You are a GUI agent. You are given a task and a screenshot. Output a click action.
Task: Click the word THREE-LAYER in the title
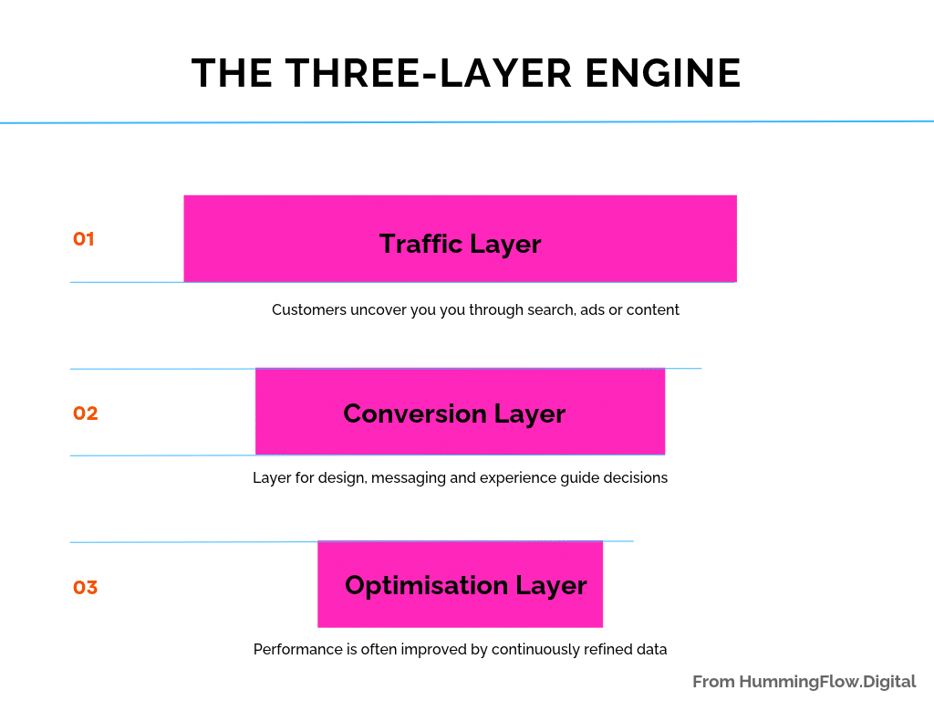click(429, 73)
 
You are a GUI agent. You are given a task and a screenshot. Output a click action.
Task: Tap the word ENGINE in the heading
click(663, 73)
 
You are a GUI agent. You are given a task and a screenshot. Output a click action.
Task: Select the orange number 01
click(83, 239)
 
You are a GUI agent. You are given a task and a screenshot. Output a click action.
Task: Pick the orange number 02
click(85, 413)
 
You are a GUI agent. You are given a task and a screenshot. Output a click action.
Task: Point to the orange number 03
click(85, 587)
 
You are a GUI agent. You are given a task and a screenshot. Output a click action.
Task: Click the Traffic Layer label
click(460, 244)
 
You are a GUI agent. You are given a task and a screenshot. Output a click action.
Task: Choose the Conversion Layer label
click(454, 413)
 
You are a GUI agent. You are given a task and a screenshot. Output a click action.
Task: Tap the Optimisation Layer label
click(466, 585)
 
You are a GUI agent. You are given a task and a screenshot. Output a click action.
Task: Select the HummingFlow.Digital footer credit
click(827, 682)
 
